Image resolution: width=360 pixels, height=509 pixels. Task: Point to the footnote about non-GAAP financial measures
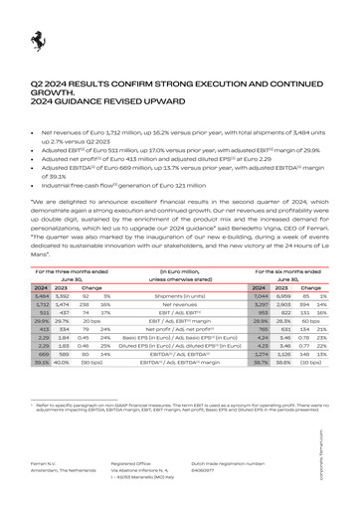[179, 409]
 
